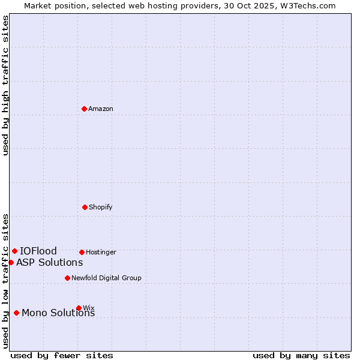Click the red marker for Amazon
(x=85, y=109)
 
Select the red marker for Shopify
(x=85, y=207)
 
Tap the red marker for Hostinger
(x=82, y=252)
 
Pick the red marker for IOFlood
(x=14, y=251)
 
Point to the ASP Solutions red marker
(x=11, y=262)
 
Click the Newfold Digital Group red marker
(x=67, y=278)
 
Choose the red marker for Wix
(x=79, y=308)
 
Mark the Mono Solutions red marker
(x=16, y=313)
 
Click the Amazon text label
(x=101, y=109)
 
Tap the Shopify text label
(x=101, y=208)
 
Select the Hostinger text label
(x=101, y=253)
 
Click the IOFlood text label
(x=38, y=251)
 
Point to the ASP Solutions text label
(x=50, y=263)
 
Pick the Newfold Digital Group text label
(x=106, y=278)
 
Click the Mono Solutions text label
(x=58, y=313)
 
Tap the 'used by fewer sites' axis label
(x=62, y=356)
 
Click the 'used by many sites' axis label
(x=301, y=356)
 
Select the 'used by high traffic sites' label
(x=6, y=85)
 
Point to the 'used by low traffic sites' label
(x=6, y=281)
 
